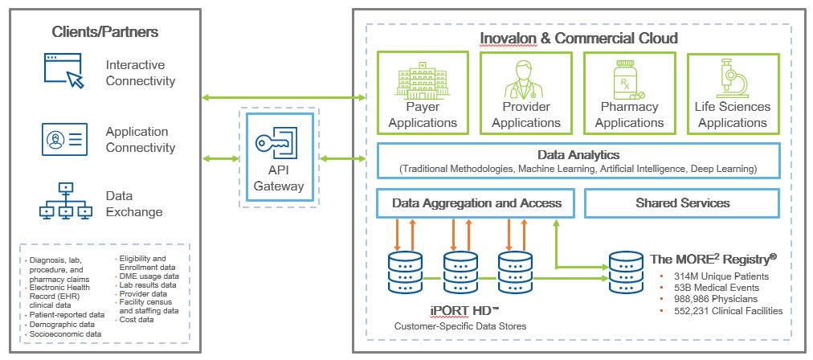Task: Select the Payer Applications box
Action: (x=422, y=92)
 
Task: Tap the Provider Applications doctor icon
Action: (x=525, y=79)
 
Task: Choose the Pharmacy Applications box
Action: (x=629, y=92)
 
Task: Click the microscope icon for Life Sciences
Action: (x=733, y=79)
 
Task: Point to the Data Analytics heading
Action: (x=578, y=154)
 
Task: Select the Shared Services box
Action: (x=683, y=203)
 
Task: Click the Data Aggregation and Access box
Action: (x=476, y=203)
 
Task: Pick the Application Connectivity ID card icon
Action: (x=64, y=139)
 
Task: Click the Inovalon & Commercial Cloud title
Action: (x=578, y=38)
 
